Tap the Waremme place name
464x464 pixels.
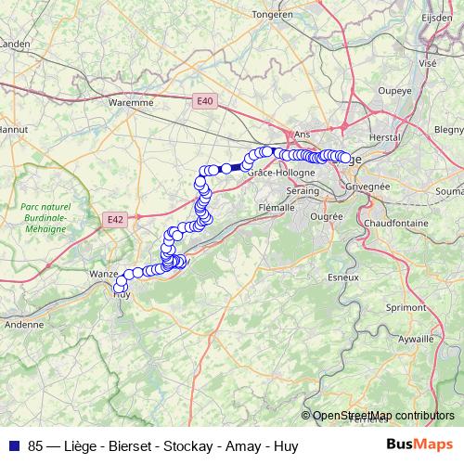(x=131, y=103)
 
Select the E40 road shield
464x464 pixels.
(x=205, y=101)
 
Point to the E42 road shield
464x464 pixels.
(x=114, y=219)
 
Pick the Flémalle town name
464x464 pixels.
(x=277, y=208)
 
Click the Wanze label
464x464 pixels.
(x=102, y=275)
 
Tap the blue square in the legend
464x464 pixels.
(x=15, y=445)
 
